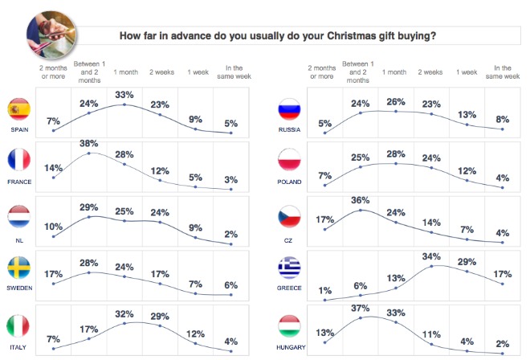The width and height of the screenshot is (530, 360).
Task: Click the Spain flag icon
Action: tap(18, 109)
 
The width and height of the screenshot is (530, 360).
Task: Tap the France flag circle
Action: tap(18, 161)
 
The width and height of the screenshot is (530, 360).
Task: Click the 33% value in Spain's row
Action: tap(124, 95)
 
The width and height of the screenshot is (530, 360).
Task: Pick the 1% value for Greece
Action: tap(324, 290)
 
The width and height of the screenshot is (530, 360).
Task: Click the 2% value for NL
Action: tap(230, 234)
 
